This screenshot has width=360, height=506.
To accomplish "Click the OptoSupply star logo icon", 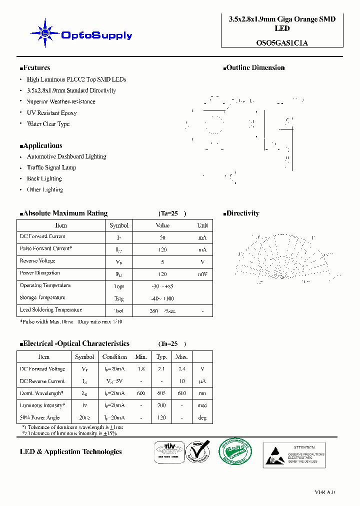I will [45, 33].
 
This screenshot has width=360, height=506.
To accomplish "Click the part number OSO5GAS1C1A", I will [282, 42].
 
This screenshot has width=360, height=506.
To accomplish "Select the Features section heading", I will [35, 68].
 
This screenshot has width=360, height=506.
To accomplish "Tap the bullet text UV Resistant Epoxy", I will [51, 113].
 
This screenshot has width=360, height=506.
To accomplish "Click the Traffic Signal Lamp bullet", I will [51, 167].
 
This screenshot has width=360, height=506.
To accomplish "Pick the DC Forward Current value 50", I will [162, 237].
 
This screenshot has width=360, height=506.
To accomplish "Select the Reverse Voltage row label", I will [37, 261].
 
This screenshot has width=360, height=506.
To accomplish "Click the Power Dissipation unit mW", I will [202, 274].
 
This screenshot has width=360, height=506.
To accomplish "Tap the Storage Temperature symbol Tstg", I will [119, 298].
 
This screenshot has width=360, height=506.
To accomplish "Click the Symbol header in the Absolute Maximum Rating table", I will [119, 225].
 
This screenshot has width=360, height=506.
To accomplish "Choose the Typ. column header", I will [161, 357].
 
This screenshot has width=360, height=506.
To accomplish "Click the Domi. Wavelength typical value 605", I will [161, 393].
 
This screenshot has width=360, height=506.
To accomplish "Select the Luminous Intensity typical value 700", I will [161, 405].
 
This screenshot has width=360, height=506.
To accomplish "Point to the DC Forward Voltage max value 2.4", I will [181, 369].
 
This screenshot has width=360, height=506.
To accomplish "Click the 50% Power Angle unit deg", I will [202, 418].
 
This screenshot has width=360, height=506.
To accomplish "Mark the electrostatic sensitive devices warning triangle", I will [274, 455].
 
